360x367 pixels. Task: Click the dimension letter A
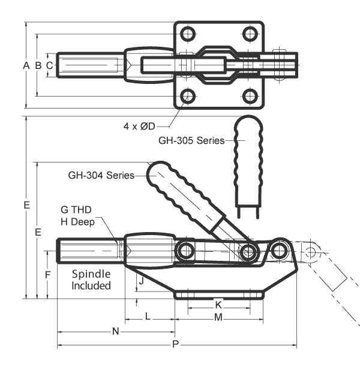pos(26,65)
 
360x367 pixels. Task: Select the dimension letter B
pos(38,65)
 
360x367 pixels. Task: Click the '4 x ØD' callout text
pos(139,126)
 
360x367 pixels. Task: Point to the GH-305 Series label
pos(191,141)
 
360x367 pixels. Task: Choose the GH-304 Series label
pos(100,176)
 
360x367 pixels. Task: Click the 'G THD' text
pos(75,210)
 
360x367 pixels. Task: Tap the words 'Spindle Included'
pos(91,279)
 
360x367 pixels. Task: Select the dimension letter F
pos(49,275)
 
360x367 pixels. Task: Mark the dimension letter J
pos(140,280)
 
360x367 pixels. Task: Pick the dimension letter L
pos(148,317)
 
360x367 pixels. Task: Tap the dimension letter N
pos(116,331)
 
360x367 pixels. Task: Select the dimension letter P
pos(175,344)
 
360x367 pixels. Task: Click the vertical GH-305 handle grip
pos(248,150)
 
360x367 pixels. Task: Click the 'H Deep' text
pos(78,222)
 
